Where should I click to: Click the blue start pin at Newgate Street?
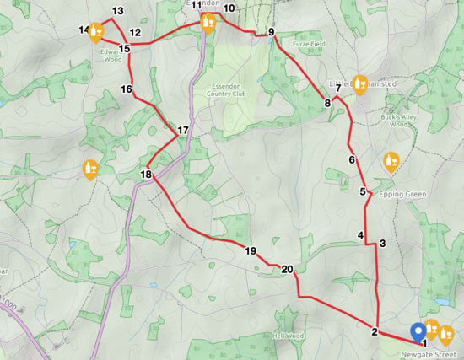click(x=417, y=332)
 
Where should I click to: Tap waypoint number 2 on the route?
click(x=374, y=331)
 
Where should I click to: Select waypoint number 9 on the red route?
click(x=272, y=33)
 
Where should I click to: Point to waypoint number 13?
click(x=117, y=11)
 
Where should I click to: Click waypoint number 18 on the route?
click(x=146, y=175)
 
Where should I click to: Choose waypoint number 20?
click(x=288, y=270)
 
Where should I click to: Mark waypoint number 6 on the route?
click(x=352, y=160)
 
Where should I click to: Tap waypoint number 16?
click(x=127, y=89)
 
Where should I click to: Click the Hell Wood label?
click(x=288, y=336)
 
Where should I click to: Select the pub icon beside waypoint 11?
click(x=208, y=20)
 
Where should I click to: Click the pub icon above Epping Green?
click(x=391, y=160)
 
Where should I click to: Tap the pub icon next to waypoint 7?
click(x=361, y=83)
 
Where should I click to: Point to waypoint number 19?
click(x=251, y=250)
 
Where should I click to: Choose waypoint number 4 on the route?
click(x=361, y=235)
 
